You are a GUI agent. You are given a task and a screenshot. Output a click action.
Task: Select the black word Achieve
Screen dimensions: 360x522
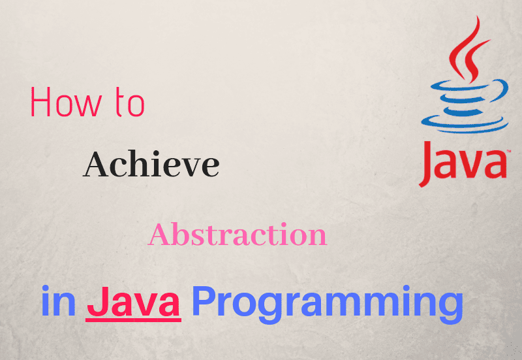click(x=151, y=164)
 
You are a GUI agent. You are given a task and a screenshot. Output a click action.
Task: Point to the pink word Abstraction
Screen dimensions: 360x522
click(x=237, y=235)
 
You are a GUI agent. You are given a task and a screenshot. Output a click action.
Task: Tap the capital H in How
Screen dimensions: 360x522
click(x=40, y=105)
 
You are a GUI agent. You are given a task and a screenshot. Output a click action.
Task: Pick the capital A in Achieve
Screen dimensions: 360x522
click(x=95, y=164)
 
